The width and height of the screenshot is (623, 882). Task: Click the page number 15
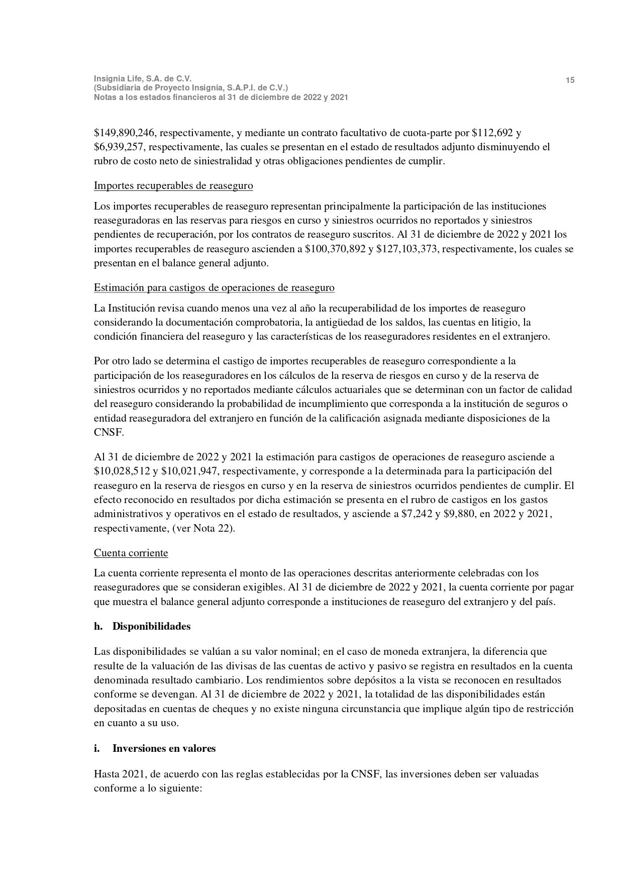570,80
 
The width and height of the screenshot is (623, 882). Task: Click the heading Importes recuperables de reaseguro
173,186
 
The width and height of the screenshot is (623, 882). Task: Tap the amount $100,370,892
336,249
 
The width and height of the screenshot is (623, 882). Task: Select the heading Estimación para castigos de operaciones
214,288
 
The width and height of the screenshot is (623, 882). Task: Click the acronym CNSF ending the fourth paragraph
108,433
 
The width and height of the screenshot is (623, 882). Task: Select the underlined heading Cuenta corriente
131,553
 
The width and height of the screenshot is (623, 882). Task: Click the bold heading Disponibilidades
151,627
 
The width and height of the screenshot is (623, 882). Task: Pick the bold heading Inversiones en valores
164,748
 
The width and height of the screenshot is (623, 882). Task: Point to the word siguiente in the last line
179,789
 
